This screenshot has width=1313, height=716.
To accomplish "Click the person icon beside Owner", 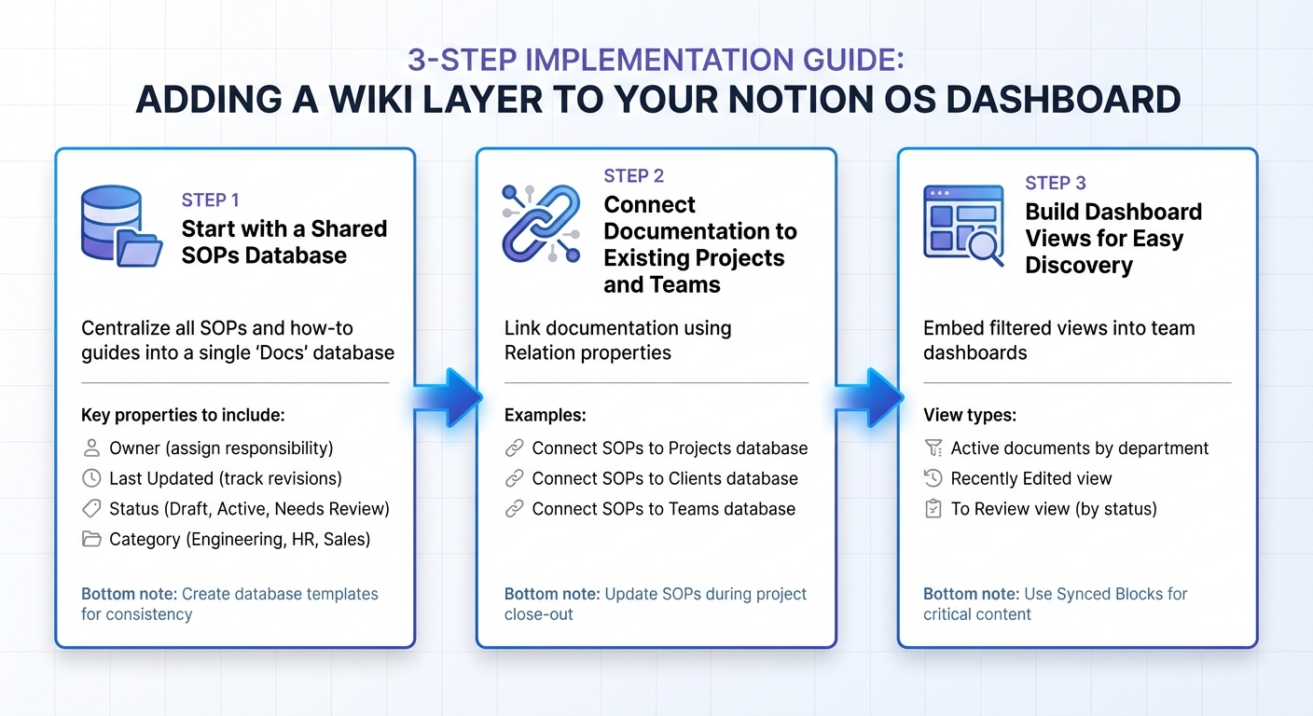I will pyautogui.click(x=91, y=448).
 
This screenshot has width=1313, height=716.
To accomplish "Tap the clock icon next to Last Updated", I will pyautogui.click(x=91, y=478).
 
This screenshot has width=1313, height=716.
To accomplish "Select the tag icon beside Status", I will pyautogui.click(x=91, y=509).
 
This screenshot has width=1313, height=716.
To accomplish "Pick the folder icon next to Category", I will pyautogui.click(x=91, y=539).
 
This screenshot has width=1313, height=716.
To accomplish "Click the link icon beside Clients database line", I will pyautogui.click(x=514, y=478).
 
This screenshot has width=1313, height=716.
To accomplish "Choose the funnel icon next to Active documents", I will pyautogui.click(x=933, y=448).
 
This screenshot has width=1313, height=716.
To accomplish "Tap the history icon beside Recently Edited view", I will pyautogui.click(x=933, y=478).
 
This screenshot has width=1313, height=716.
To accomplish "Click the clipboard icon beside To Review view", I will pyautogui.click(x=933, y=509).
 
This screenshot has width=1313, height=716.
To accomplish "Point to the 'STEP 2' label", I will pyautogui.click(x=634, y=176).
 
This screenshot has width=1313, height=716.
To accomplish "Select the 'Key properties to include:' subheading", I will pyautogui.click(x=183, y=415).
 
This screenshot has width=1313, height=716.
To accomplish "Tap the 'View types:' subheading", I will pyautogui.click(x=970, y=415).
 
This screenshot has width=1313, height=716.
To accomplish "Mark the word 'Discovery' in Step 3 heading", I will pyautogui.click(x=1079, y=266).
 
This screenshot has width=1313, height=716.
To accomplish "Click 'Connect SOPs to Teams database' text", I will pyautogui.click(x=664, y=509).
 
